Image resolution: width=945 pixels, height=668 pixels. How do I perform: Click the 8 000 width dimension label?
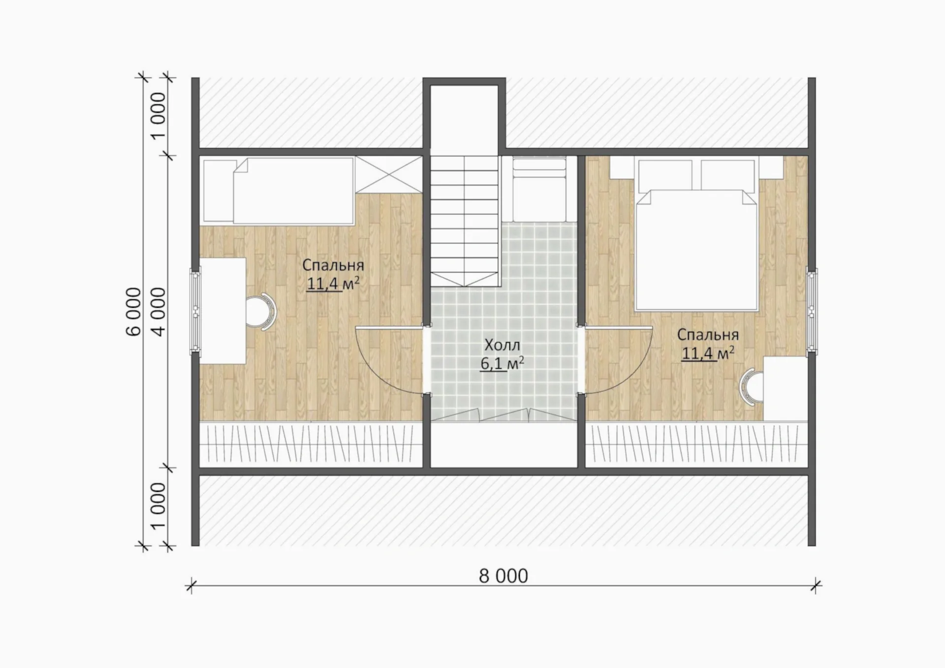[x=504, y=576]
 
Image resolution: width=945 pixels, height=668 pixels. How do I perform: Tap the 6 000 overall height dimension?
[x=134, y=312]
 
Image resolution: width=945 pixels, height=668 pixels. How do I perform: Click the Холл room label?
[x=502, y=345]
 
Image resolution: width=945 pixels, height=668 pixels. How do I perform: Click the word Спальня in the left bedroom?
[x=333, y=265]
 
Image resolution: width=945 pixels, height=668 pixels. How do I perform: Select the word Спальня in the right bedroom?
[x=708, y=335]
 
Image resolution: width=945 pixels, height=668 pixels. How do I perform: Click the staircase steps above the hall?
[x=465, y=221]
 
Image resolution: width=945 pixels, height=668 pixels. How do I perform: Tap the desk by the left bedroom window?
[x=222, y=311]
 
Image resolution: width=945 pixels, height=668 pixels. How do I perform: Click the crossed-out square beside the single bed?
[x=389, y=175]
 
